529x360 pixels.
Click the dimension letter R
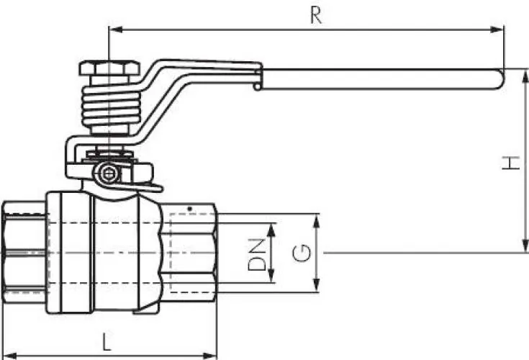[316, 15]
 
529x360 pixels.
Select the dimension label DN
[256, 254]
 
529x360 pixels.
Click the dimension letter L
[107, 341]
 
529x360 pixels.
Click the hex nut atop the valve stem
[109, 68]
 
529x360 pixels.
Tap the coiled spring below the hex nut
[111, 105]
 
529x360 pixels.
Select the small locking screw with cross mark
[109, 174]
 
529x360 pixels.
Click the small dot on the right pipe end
[190, 209]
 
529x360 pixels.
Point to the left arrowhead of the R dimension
[115, 30]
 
